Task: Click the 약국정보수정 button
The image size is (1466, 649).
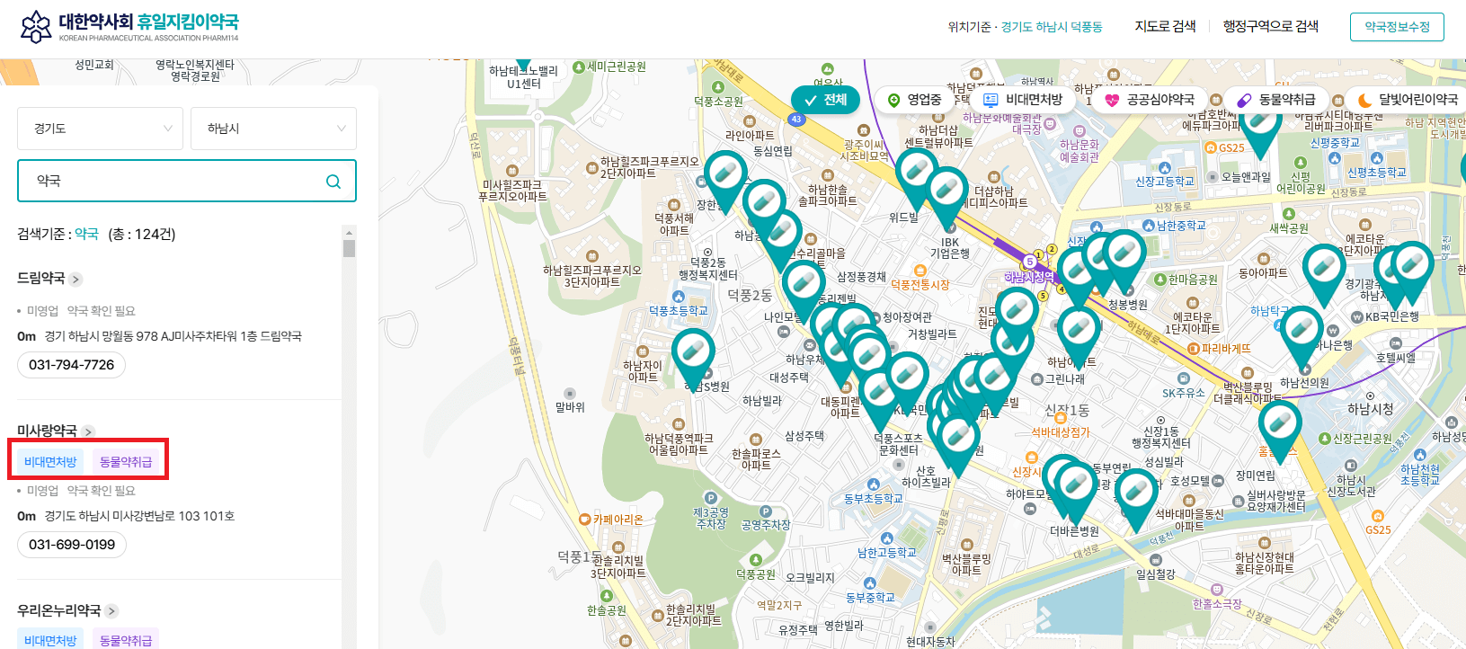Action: pyautogui.click(x=1397, y=27)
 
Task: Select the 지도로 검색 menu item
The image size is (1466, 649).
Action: pyautogui.click(x=1165, y=27)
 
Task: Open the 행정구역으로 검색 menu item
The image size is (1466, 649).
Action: pyautogui.click(x=1270, y=27)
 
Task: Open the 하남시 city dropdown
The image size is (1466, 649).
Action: pyautogui.click(x=273, y=129)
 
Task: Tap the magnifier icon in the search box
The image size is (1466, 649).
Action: pyautogui.click(x=333, y=182)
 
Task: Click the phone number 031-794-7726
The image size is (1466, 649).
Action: pyautogui.click(x=72, y=365)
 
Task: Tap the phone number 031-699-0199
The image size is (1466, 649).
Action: pyautogui.click(x=72, y=545)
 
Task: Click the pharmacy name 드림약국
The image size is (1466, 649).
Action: pyautogui.click(x=41, y=279)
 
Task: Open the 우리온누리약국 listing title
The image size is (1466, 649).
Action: pyautogui.click(x=59, y=611)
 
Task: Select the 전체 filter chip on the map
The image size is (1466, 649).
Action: pyautogui.click(x=826, y=100)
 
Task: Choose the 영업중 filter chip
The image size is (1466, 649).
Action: pyautogui.click(x=915, y=100)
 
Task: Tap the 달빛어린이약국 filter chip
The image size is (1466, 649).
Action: pyautogui.click(x=1408, y=100)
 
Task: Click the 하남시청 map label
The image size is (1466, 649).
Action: pyautogui.click(x=1371, y=410)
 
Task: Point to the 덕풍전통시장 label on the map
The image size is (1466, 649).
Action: pyautogui.click(x=920, y=284)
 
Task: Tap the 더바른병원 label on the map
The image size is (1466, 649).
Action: pyautogui.click(x=1074, y=531)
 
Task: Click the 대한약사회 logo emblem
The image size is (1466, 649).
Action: pyautogui.click(x=36, y=27)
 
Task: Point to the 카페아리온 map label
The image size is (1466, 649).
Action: pyautogui.click(x=617, y=520)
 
